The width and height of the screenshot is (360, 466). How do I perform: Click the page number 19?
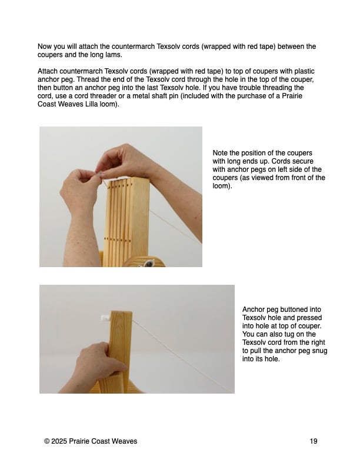(x=314, y=441)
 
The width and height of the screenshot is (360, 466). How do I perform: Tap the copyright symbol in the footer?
(x=46, y=441)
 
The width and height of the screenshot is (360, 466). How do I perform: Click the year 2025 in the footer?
(x=59, y=441)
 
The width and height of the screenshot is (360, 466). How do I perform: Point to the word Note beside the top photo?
(x=220, y=153)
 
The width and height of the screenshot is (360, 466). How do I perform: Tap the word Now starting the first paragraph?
(x=44, y=46)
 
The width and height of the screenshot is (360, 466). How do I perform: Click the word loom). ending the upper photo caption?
(x=222, y=186)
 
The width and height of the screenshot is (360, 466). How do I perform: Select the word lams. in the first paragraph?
(x=114, y=55)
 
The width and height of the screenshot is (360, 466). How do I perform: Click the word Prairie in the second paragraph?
(x=292, y=96)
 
